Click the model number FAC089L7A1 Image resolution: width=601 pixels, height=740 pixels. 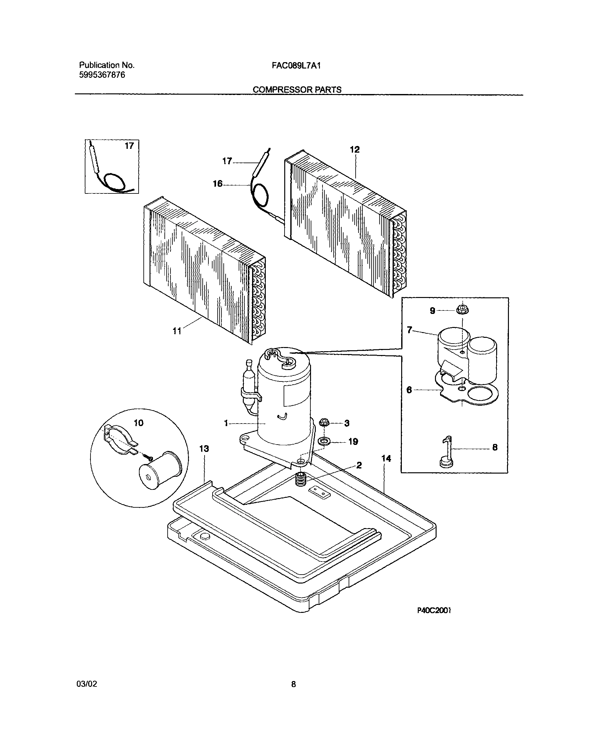tap(296, 65)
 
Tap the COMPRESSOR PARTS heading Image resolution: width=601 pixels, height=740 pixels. tap(297, 90)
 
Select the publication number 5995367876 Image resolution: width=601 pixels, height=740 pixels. tap(102, 75)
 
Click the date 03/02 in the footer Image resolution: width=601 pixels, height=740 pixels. tap(87, 684)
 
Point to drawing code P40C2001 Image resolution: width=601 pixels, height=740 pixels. tap(434, 611)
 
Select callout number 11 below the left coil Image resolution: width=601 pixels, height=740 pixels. tap(177, 331)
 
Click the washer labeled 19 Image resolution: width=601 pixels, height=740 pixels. tap(324, 441)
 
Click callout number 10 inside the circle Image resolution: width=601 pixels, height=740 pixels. tap(139, 423)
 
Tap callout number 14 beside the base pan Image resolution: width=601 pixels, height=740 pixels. tap(386, 459)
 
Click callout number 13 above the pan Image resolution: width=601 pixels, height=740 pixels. tap(204, 449)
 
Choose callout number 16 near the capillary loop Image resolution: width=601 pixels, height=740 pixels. tap(217, 184)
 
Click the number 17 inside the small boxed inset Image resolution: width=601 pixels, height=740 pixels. tap(129, 146)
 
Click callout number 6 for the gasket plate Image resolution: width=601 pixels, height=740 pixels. tap(409, 390)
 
